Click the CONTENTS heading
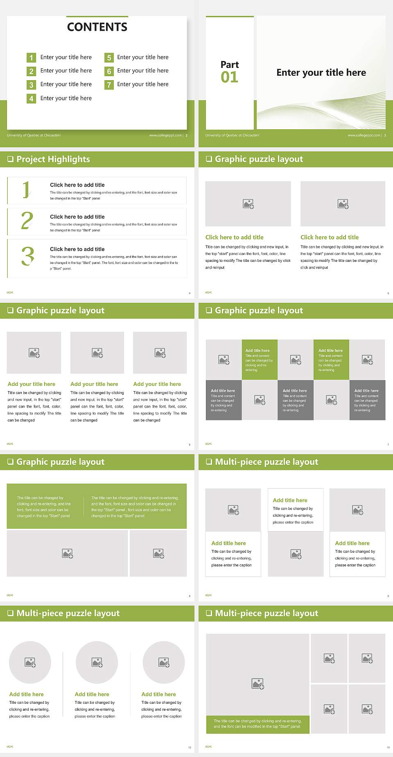click(x=97, y=27)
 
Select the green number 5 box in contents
click(x=109, y=58)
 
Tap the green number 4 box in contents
click(x=31, y=99)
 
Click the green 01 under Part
click(x=229, y=77)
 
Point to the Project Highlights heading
click(x=53, y=159)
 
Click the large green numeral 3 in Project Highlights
click(x=27, y=256)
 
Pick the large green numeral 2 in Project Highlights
click(x=27, y=221)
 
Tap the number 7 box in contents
click(x=109, y=85)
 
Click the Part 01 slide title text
click(x=321, y=72)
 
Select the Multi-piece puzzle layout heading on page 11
click(x=267, y=613)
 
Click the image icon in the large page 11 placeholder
click(x=258, y=683)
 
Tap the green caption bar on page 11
click(x=257, y=724)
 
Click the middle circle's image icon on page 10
click(x=97, y=662)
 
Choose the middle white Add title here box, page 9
click(x=296, y=510)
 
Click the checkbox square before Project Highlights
click(x=10, y=159)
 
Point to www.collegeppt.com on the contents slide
click(x=165, y=135)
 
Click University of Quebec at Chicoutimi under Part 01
click(x=232, y=135)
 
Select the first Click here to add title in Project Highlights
click(x=77, y=185)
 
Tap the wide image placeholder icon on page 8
click(x=68, y=554)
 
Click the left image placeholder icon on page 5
click(x=248, y=204)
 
